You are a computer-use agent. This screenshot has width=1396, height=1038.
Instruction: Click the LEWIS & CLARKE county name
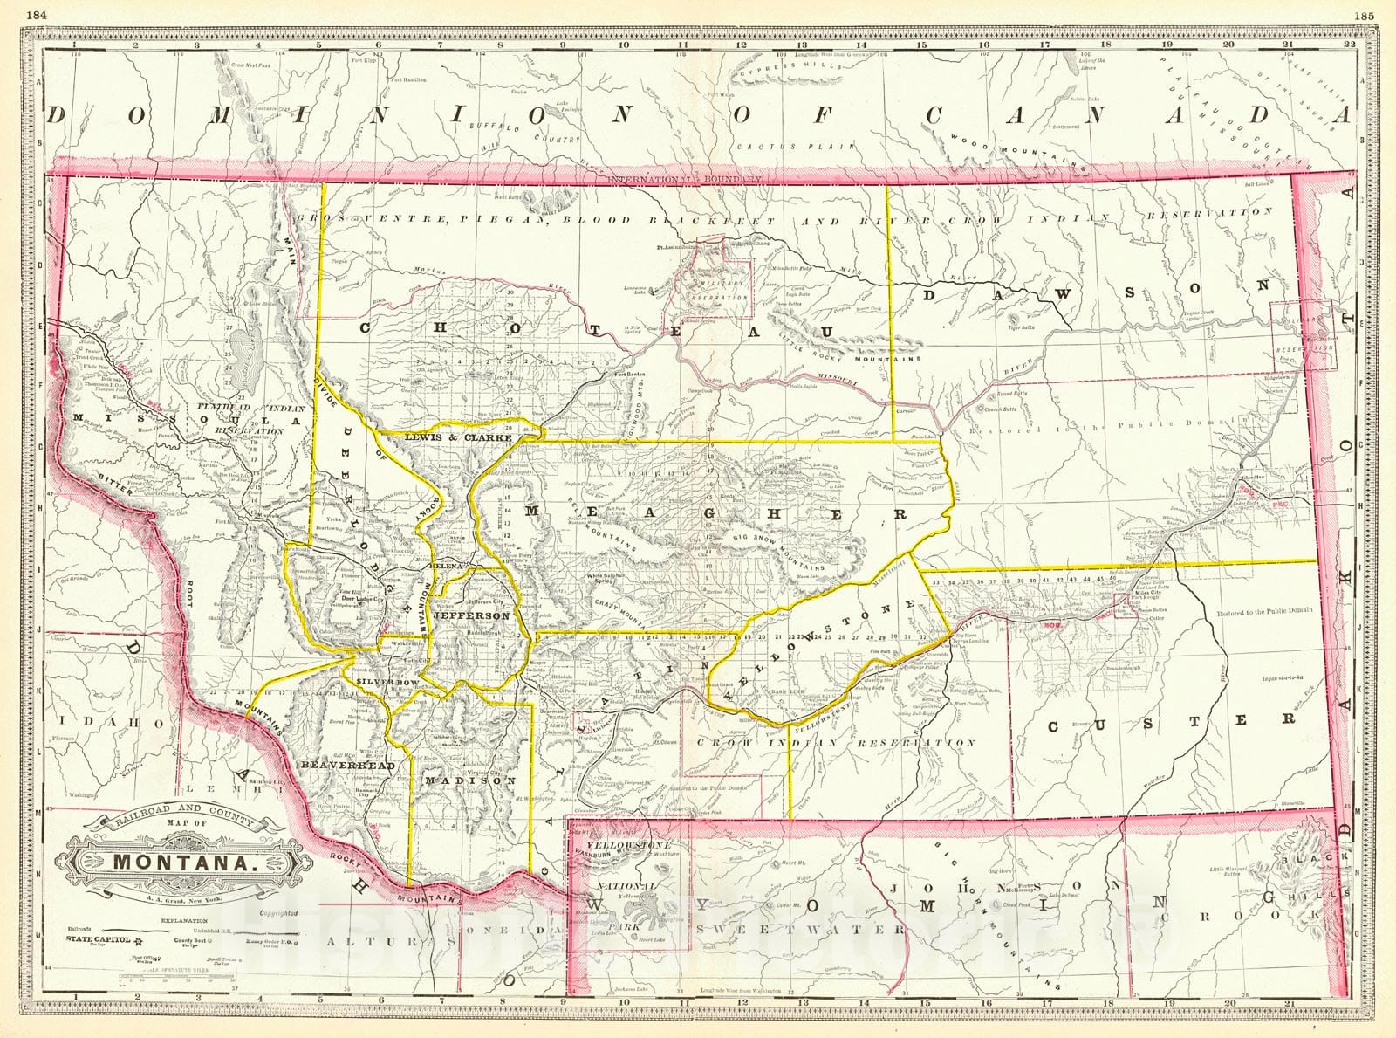coord(456,437)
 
